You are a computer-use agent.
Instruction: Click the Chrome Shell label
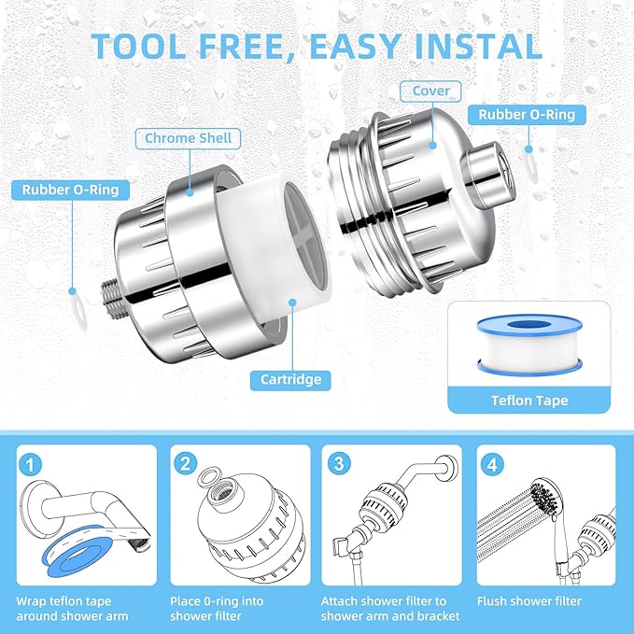[x=188, y=139]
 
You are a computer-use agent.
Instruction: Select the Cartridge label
[x=289, y=379]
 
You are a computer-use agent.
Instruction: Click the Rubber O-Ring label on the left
[x=71, y=190]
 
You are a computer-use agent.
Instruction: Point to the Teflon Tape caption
[x=529, y=401]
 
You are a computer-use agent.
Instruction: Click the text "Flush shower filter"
[x=528, y=601]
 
